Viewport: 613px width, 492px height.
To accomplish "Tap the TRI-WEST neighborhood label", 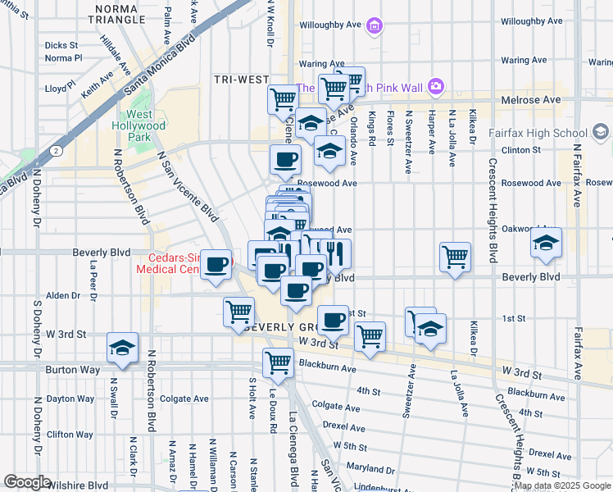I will tap(242, 79).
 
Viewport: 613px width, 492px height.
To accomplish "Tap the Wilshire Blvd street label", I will tap(78, 485).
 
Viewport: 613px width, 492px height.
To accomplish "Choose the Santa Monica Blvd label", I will tap(163, 68).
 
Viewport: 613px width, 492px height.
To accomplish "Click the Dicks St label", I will tap(61, 45).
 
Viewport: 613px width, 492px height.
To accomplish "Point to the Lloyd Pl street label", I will tap(61, 86).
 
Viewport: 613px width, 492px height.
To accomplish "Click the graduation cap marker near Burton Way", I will tap(122, 348).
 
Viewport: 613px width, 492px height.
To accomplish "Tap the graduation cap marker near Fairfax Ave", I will tap(546, 243).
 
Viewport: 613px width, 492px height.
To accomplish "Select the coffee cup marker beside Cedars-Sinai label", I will tap(216, 264).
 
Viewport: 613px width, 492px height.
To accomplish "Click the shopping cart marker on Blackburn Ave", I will tap(279, 361).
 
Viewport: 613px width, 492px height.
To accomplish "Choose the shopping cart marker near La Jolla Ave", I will tap(455, 257).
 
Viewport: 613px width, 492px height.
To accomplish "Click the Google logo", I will tap(28, 482).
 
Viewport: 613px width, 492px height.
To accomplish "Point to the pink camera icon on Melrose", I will tap(435, 85).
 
